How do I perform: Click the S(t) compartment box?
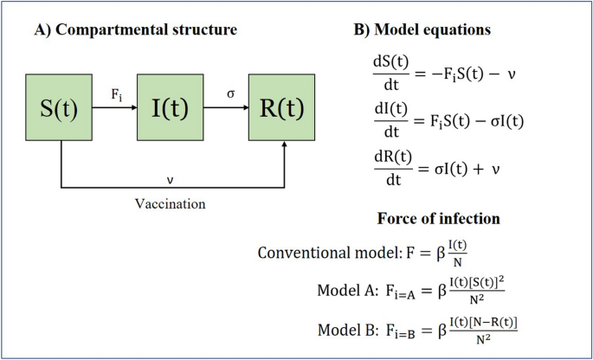61,109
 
